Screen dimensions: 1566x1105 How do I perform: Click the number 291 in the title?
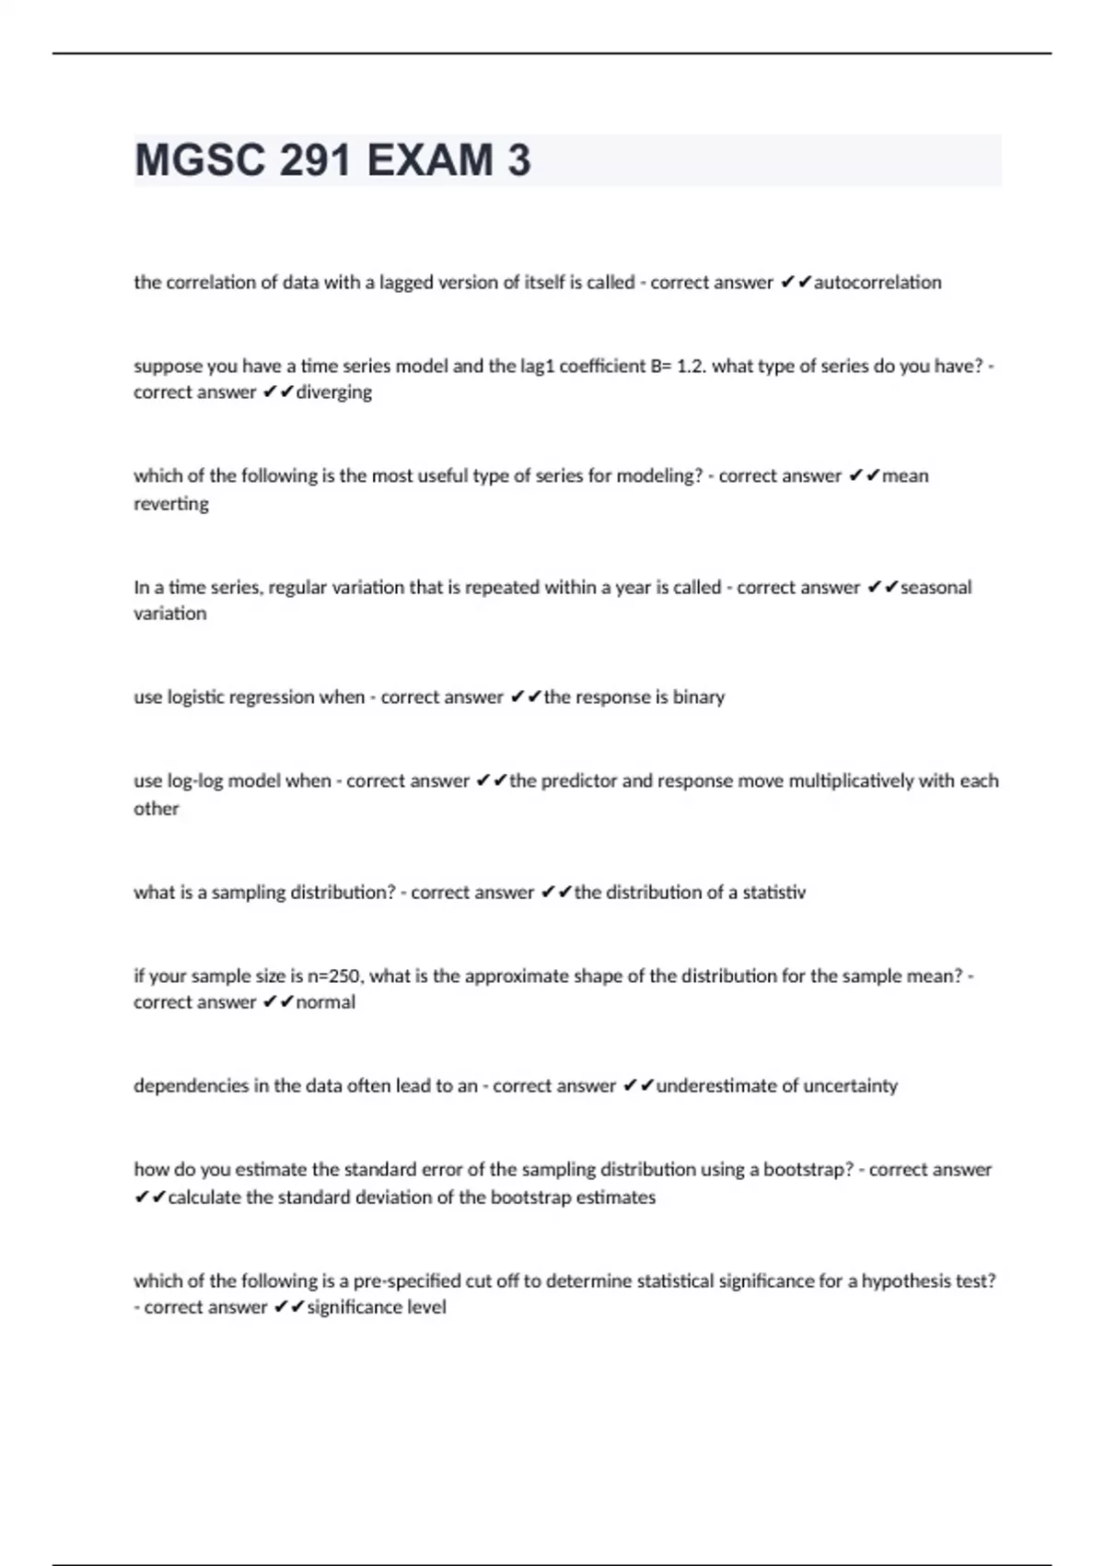coord(316,160)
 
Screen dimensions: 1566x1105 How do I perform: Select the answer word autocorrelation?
coord(878,283)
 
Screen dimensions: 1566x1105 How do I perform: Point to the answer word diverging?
coord(333,392)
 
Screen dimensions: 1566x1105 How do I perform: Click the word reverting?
coord(171,504)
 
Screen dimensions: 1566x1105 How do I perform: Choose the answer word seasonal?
coord(936,588)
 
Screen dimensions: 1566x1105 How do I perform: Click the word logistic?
coord(195,697)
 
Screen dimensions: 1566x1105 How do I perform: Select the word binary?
coord(699,697)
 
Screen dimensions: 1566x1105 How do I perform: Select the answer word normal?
coord(325,1002)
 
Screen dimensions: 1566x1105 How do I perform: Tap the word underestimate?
coord(726,1086)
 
